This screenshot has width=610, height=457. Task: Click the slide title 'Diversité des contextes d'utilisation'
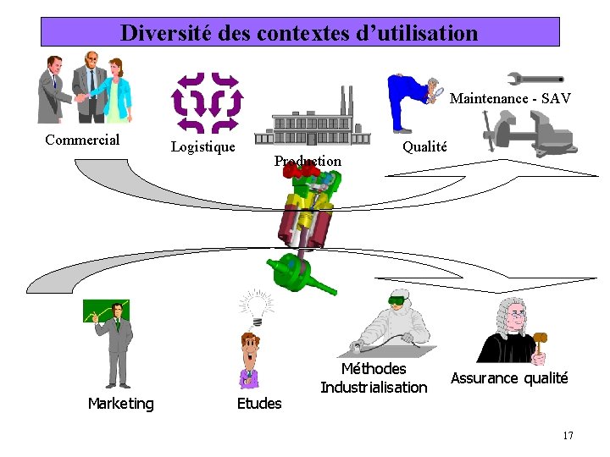coord(300,33)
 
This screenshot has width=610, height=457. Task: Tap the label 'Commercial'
coord(82,140)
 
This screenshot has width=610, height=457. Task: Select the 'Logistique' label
coord(203,146)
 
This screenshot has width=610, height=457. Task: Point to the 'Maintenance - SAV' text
coord(510,98)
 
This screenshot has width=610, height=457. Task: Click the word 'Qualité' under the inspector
coord(424,146)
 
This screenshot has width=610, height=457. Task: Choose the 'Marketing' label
coord(121,404)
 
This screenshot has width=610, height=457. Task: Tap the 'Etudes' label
coord(259,404)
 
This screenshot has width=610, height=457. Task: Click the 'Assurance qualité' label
coord(509,378)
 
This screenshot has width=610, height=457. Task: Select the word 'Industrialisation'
coord(374,388)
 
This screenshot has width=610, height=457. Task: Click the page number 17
coord(568,435)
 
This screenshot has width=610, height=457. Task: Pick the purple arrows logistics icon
coord(208,102)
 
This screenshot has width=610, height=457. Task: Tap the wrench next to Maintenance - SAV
coord(535,79)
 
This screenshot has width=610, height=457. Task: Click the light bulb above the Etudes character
coord(255,305)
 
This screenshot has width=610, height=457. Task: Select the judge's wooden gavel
coord(540,343)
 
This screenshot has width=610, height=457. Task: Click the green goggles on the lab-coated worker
coord(397,299)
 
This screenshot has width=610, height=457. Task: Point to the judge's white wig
coord(513,308)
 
